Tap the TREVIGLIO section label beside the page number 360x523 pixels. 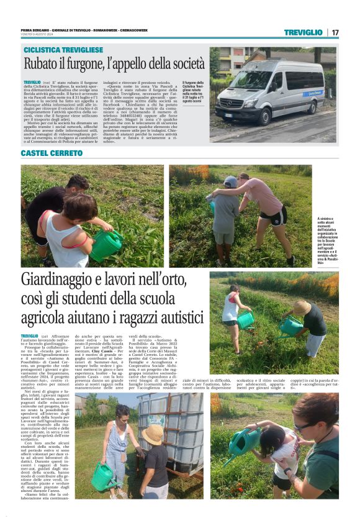tap(303, 32)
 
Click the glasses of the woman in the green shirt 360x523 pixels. tap(305, 425)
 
